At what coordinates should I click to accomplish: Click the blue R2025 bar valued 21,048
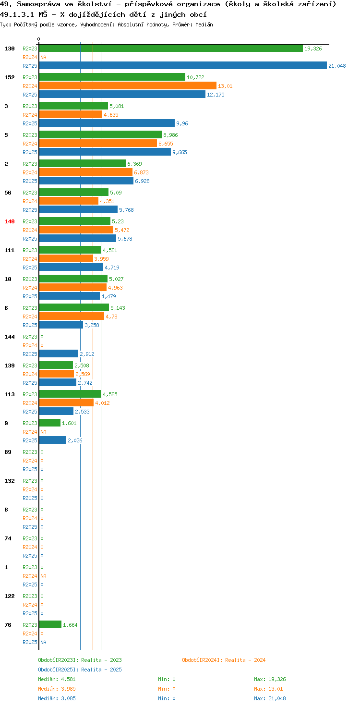click(x=183, y=65)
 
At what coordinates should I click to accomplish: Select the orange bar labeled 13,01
click(x=128, y=85)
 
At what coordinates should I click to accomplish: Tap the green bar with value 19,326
click(x=171, y=49)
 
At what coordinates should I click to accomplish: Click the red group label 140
click(x=10, y=221)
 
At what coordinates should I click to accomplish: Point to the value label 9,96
click(x=182, y=123)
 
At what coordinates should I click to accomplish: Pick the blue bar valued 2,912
click(x=59, y=353)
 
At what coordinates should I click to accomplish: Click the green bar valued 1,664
click(x=50, y=624)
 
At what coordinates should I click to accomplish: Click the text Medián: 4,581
click(x=57, y=679)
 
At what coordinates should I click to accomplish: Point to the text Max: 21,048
click(x=270, y=698)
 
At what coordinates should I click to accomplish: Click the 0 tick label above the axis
click(x=38, y=39)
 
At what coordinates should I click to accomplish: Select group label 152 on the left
click(x=10, y=77)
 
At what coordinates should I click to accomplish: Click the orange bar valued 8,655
click(x=98, y=143)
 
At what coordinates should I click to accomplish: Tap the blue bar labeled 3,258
click(x=61, y=325)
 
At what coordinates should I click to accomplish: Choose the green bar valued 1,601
click(x=49, y=423)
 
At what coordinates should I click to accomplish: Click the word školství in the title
click(x=95, y=4)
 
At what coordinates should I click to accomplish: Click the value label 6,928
click(x=142, y=181)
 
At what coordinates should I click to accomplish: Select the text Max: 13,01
click(x=268, y=689)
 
